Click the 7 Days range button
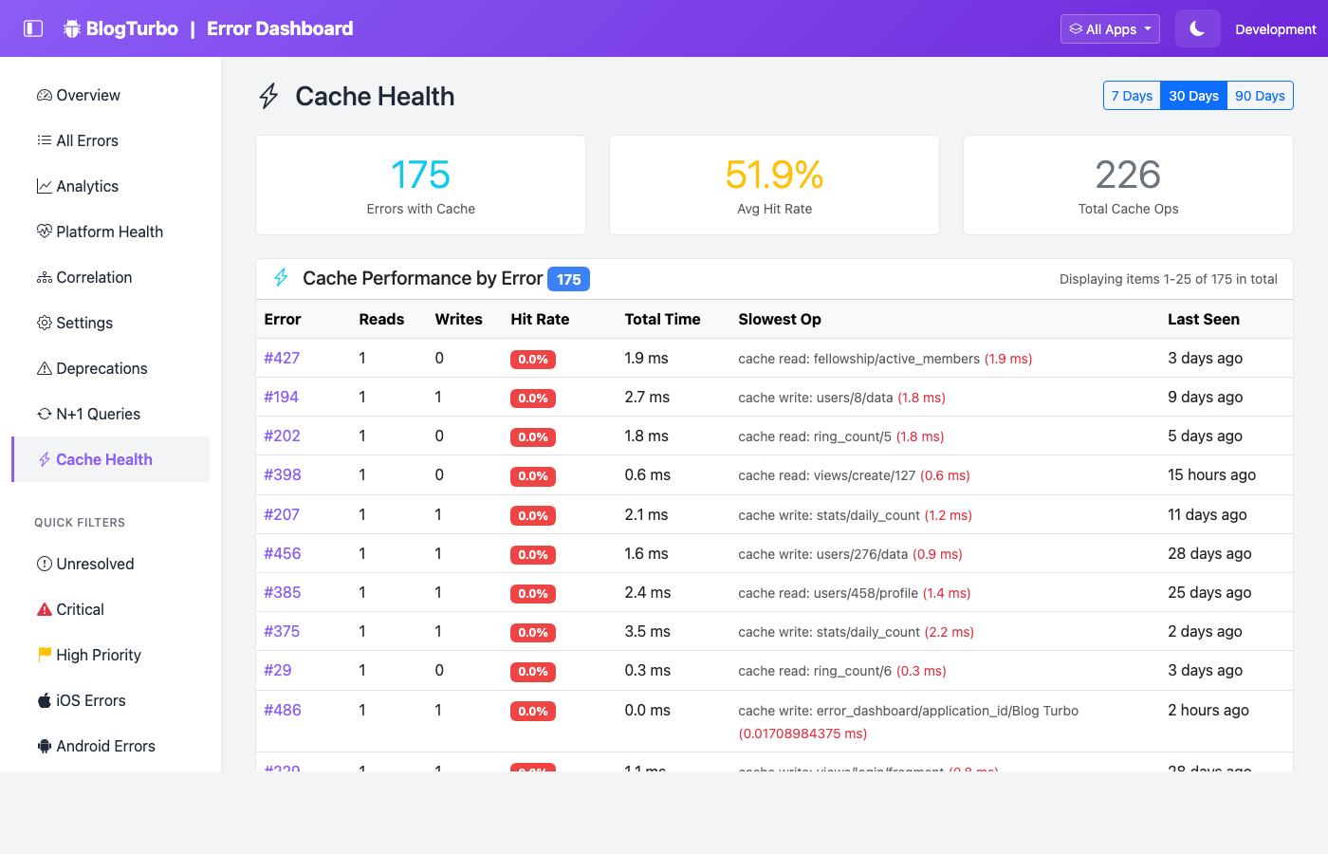pyautogui.click(x=1132, y=96)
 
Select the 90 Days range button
pyautogui.click(x=1260, y=96)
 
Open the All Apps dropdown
pyautogui.click(x=1110, y=29)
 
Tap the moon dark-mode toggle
pyautogui.click(x=1197, y=29)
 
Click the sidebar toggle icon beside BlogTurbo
pyautogui.click(x=33, y=28)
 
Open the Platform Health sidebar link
pyautogui.click(x=109, y=232)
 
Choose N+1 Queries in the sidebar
pyautogui.click(x=98, y=414)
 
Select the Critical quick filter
pyautogui.click(x=80, y=609)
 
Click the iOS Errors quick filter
pyautogui.click(x=90, y=700)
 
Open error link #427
pyautogui.click(x=282, y=358)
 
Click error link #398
pyautogui.click(x=283, y=474)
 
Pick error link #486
pyautogui.click(x=283, y=710)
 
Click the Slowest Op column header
pyautogui.click(x=780, y=319)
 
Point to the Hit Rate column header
pyautogui.click(x=540, y=319)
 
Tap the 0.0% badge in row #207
pyautogui.click(x=533, y=515)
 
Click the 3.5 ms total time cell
pyautogui.click(x=647, y=631)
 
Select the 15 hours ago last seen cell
pyautogui.click(x=1211, y=474)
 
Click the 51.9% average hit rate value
pyautogui.click(x=774, y=175)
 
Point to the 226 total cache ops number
pyautogui.click(x=1128, y=175)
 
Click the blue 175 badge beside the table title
pyautogui.click(x=568, y=279)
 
